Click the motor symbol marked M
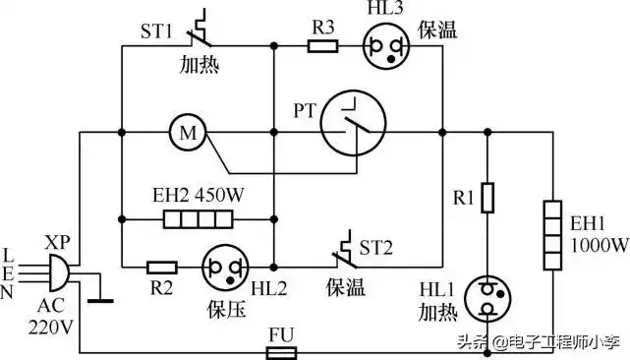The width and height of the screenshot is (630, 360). click(x=184, y=131)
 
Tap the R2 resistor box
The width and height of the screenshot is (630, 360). click(x=162, y=266)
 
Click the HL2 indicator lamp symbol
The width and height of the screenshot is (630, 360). click(x=222, y=267)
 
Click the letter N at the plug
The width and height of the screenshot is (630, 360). click(x=9, y=292)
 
